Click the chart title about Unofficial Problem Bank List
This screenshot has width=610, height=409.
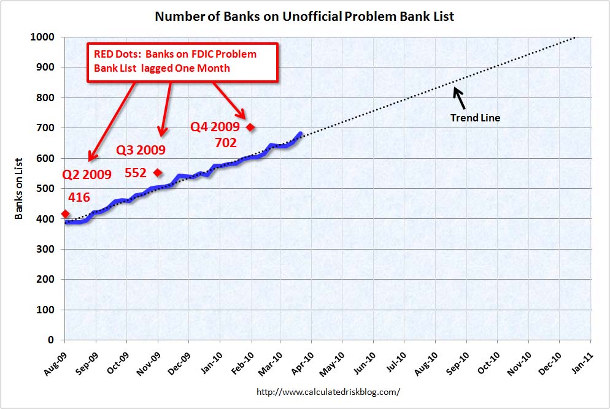click(304, 16)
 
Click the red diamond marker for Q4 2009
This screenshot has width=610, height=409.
click(250, 127)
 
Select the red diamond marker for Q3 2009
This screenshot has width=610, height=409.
click(158, 172)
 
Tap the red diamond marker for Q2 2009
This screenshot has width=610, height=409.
click(65, 214)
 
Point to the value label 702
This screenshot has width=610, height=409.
click(226, 143)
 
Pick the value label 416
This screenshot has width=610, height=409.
click(79, 197)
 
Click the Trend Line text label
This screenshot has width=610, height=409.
click(475, 118)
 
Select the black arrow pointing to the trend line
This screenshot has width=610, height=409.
click(459, 97)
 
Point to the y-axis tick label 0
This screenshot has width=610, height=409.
click(52, 340)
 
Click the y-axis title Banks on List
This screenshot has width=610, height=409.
click(19, 188)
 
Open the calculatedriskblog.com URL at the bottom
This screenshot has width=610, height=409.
click(328, 391)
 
